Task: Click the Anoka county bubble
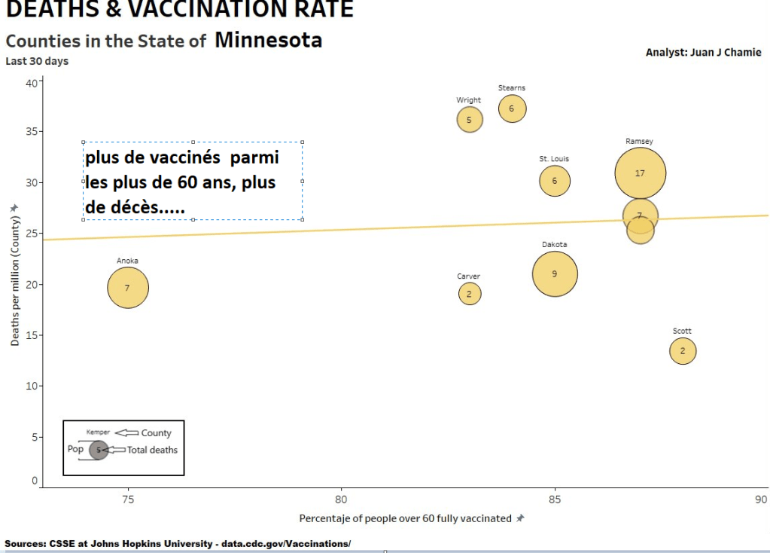[128, 287]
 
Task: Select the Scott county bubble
[683, 350]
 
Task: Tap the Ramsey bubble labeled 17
[640, 173]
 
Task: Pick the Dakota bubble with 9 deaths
[555, 273]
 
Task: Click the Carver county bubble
[469, 293]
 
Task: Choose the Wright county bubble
[469, 119]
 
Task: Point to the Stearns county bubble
[512, 108]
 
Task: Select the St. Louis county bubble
[555, 181]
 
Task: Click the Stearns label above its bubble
[512, 88]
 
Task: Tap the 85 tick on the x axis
[555, 500]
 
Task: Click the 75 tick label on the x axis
[128, 500]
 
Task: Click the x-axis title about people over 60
[405, 518]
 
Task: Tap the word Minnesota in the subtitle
[268, 40]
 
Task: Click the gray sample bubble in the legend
[98, 450]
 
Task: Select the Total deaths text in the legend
[152, 450]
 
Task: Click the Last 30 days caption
[37, 61]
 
